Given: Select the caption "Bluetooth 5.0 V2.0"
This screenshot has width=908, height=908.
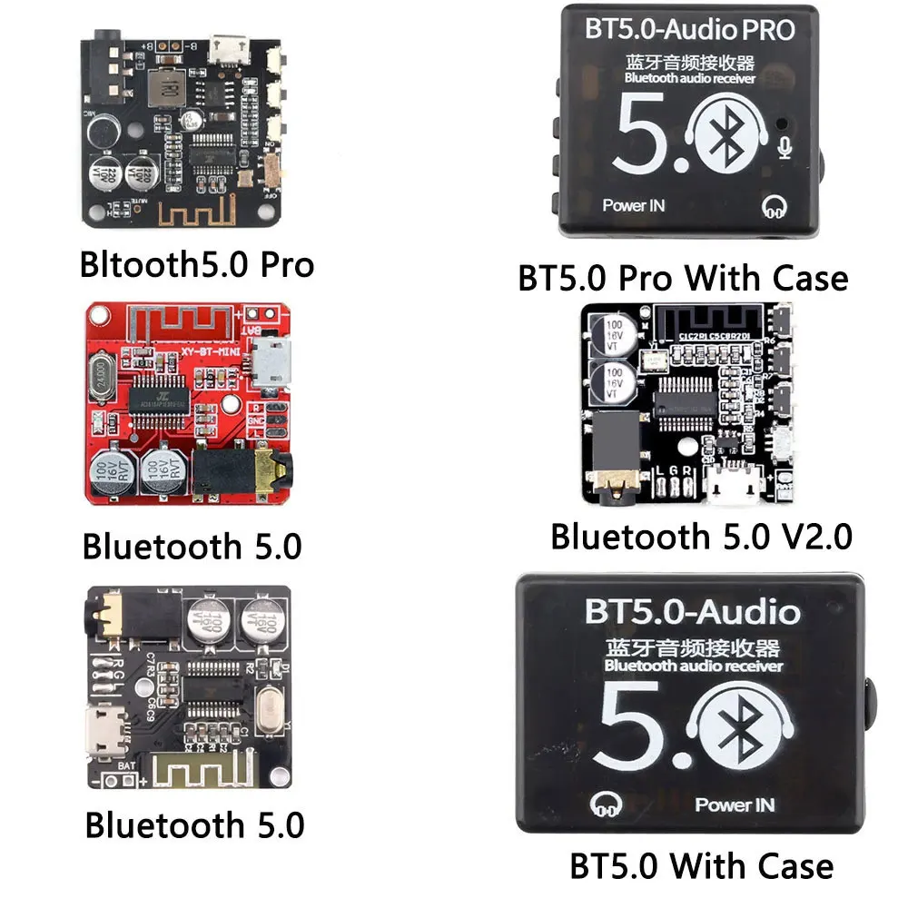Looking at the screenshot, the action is (x=701, y=536).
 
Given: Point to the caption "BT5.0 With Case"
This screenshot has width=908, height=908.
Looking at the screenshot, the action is (x=701, y=865).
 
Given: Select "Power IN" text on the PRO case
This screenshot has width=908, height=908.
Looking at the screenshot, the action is (x=634, y=205).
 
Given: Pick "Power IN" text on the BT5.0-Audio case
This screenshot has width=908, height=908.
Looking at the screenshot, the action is (x=735, y=804).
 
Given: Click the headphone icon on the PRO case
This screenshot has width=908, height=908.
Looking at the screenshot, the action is (x=775, y=207).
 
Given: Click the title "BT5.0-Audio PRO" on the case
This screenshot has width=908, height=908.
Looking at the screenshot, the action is (x=691, y=31).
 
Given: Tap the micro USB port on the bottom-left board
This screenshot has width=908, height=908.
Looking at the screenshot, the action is (x=106, y=730).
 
